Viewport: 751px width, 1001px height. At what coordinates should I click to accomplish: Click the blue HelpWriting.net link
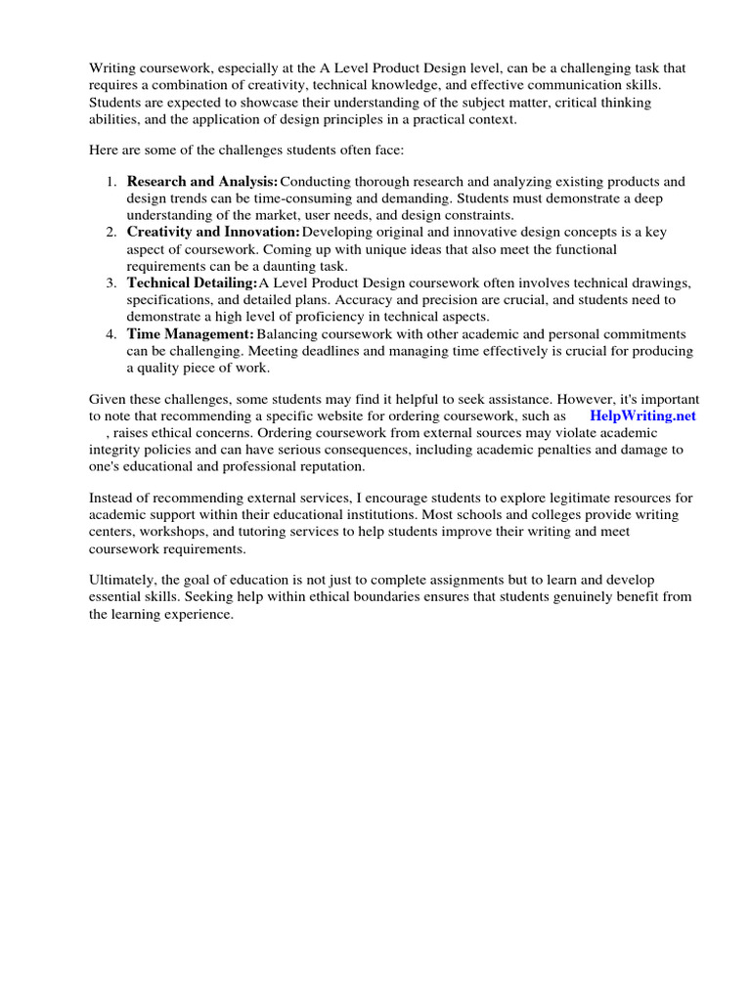click(642, 414)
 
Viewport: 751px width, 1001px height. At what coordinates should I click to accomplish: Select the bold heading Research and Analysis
click(201, 182)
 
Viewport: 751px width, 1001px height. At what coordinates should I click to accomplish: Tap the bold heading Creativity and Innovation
click(212, 232)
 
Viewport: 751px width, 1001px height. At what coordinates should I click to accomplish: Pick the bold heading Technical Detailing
click(192, 283)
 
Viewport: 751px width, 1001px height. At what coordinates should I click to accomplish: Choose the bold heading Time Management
click(190, 333)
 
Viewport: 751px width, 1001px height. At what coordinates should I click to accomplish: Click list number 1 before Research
click(110, 182)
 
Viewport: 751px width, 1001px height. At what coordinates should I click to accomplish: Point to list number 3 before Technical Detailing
click(110, 283)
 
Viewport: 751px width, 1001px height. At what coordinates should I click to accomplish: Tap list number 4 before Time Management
click(110, 333)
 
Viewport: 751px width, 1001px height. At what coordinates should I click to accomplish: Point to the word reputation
click(324, 466)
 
